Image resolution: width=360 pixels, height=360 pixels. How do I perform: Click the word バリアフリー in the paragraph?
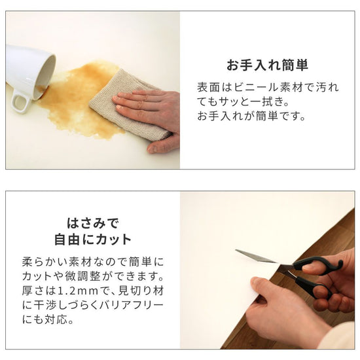(141, 305)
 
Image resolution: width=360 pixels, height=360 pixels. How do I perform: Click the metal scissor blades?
(259, 257)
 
